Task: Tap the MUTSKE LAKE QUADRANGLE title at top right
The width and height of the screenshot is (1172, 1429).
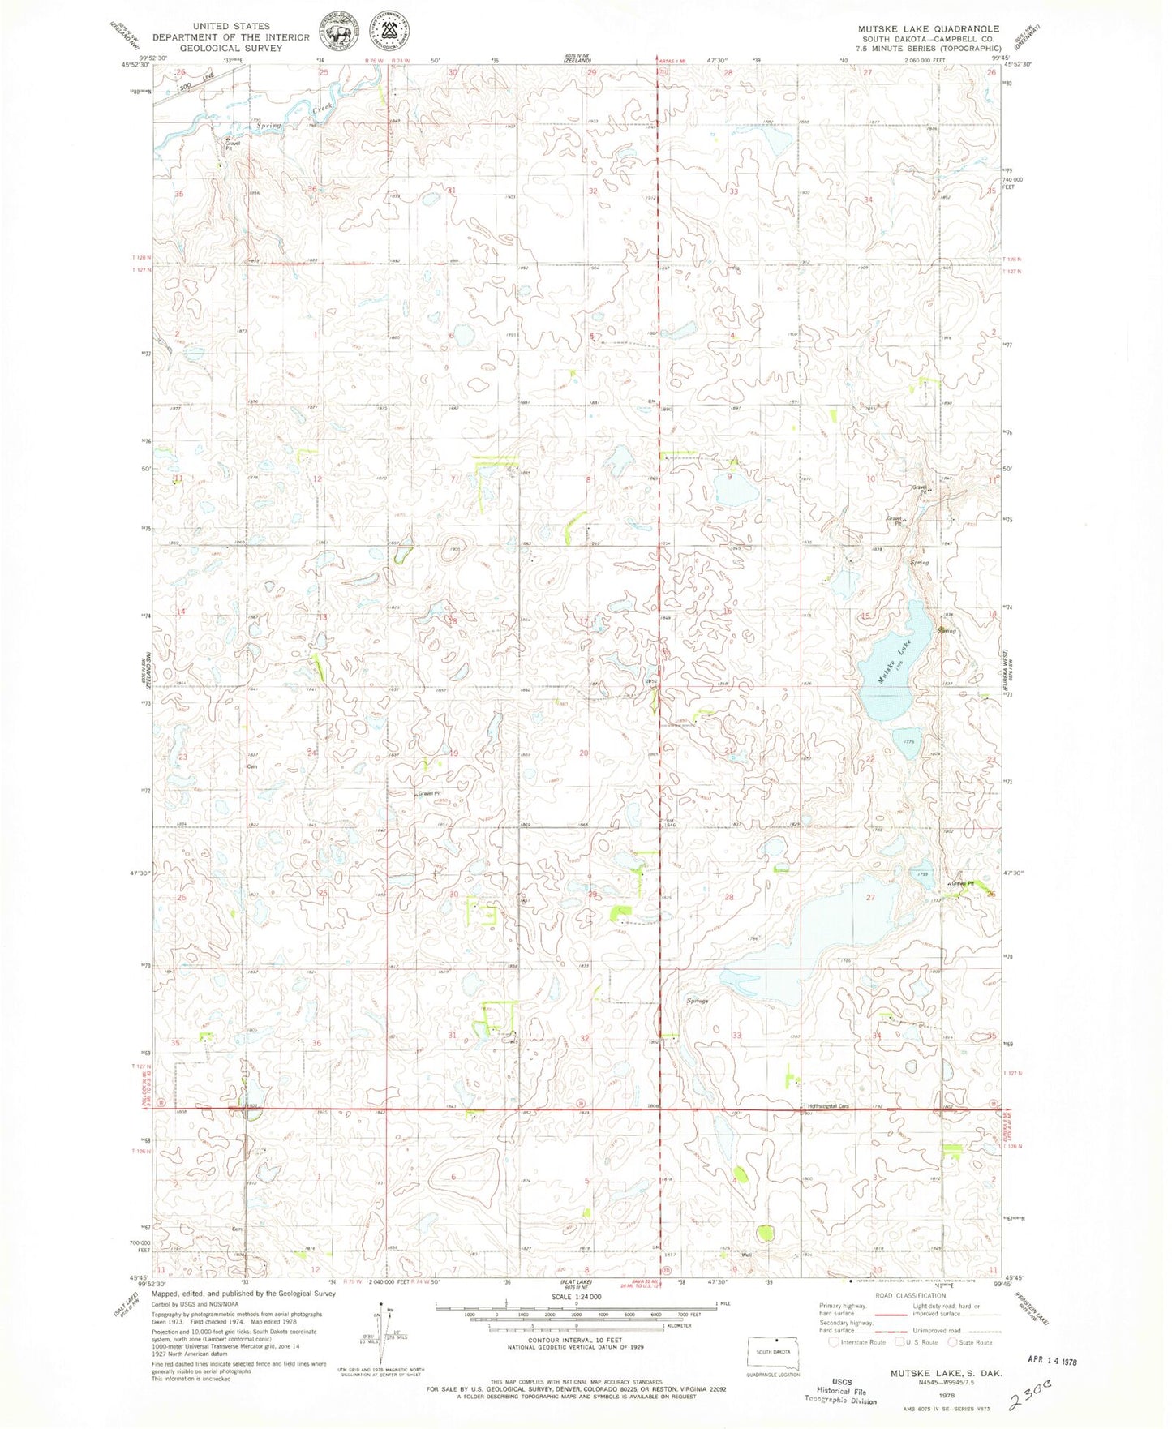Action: point(929,28)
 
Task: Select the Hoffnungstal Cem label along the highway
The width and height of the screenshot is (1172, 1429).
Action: point(827,1106)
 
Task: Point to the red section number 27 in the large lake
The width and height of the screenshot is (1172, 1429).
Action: point(871,898)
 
